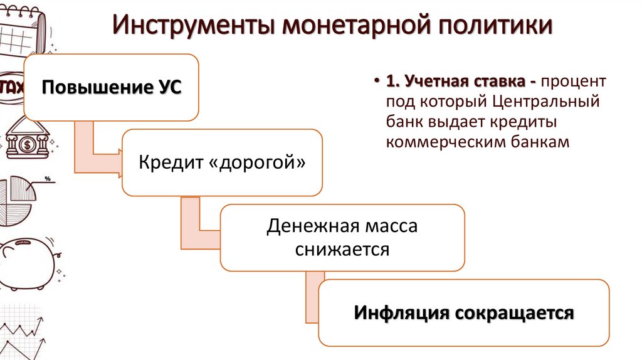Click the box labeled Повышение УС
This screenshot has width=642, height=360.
112,87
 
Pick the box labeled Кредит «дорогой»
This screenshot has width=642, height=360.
223,162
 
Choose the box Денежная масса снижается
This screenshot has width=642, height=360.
342,238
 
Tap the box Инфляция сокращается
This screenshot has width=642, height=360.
464,312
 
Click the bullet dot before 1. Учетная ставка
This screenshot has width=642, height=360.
377,82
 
